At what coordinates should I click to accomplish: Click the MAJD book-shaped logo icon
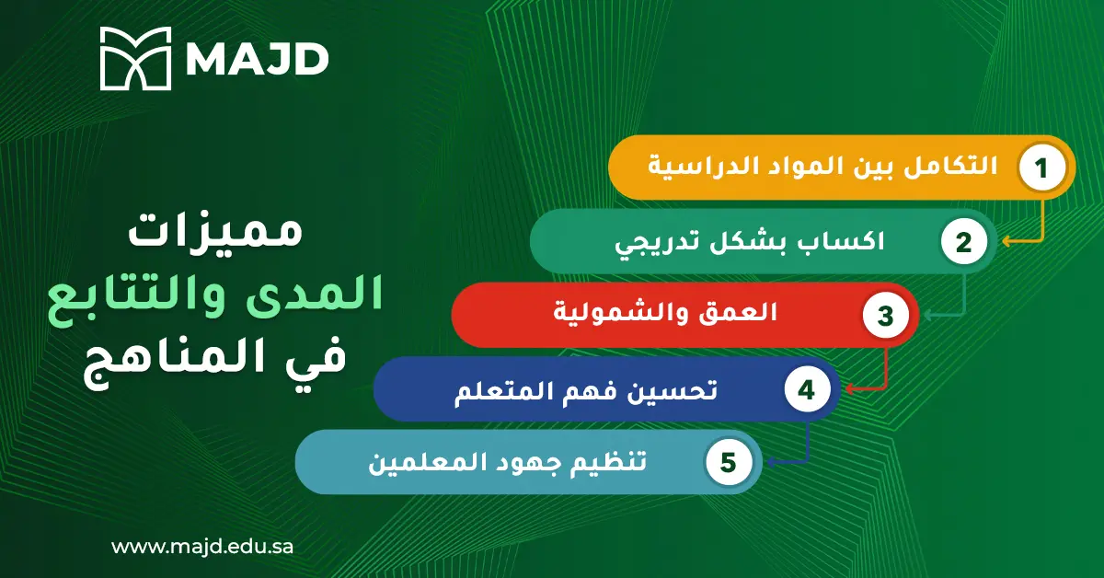135,58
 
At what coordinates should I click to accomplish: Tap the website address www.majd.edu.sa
202,546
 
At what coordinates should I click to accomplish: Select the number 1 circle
1041,168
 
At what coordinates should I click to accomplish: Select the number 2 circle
963,243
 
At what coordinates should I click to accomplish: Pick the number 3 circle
885,316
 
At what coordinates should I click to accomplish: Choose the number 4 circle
806,389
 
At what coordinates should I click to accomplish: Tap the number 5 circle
728,463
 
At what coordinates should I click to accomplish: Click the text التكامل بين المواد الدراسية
823,168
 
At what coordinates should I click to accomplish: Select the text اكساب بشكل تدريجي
749,242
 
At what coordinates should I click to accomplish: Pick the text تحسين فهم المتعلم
587,388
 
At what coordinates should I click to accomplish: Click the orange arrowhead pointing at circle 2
1006,242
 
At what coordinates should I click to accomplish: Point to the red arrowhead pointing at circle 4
849,389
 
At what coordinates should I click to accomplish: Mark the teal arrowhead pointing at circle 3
927,316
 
